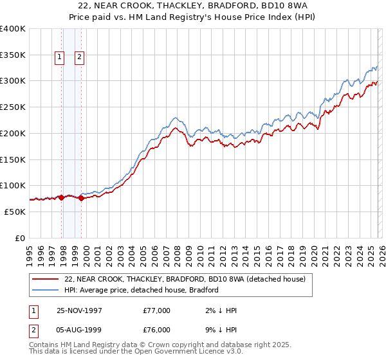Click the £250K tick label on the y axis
pyautogui.click(x=13, y=107)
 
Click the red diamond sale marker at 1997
pyautogui.click(x=62, y=198)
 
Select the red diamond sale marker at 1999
pyautogui.click(x=81, y=199)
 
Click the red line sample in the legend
pyautogui.click(x=46, y=278)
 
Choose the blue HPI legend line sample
pyautogui.click(x=46, y=290)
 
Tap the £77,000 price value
pyautogui.click(x=157, y=310)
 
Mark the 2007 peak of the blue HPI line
pyautogui.click(x=174, y=118)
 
